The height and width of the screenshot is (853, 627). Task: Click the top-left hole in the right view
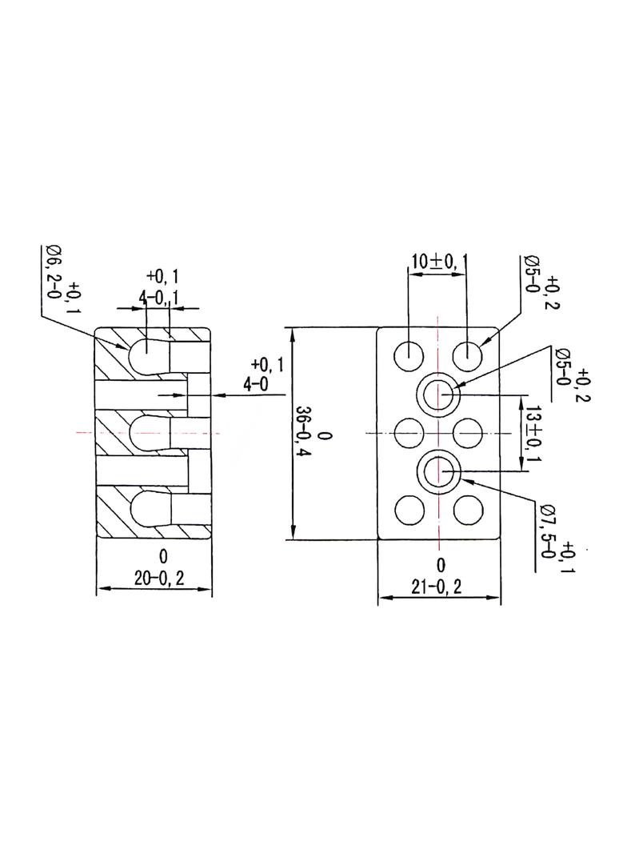pyautogui.click(x=409, y=356)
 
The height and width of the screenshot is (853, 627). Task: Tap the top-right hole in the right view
pyautogui.click(x=468, y=356)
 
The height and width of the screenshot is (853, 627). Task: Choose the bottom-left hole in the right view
pyautogui.click(x=409, y=511)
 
